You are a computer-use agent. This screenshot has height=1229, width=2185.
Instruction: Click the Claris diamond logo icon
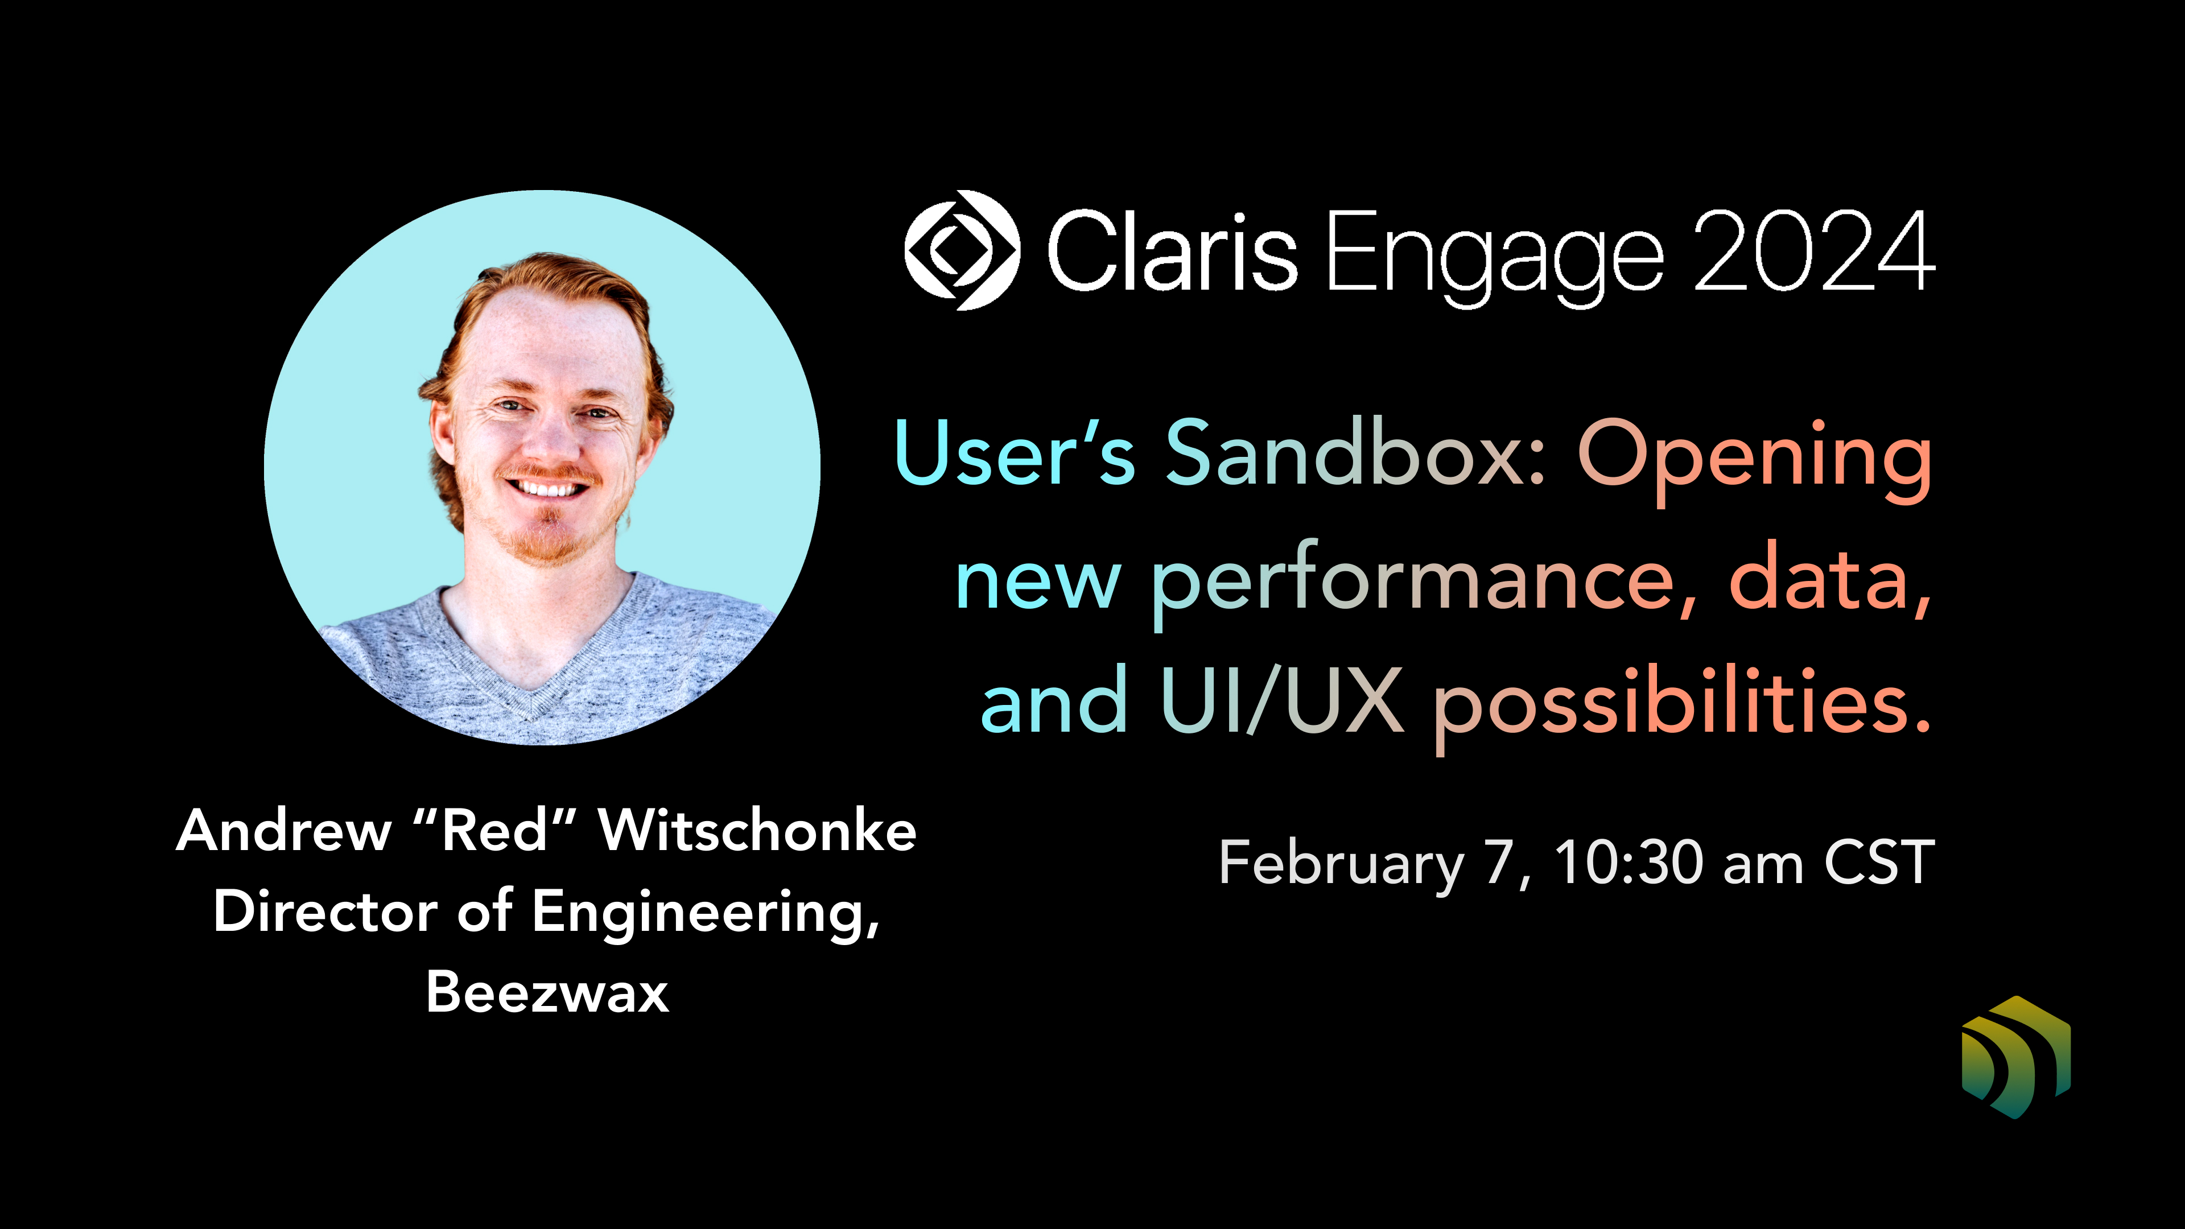click(962, 250)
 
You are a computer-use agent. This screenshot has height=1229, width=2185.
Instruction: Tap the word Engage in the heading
click(1494, 254)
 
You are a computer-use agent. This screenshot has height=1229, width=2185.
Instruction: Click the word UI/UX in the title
click(1281, 702)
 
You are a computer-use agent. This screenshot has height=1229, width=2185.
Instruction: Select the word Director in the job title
click(325, 912)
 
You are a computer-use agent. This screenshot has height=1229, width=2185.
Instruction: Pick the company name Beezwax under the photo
click(547, 992)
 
